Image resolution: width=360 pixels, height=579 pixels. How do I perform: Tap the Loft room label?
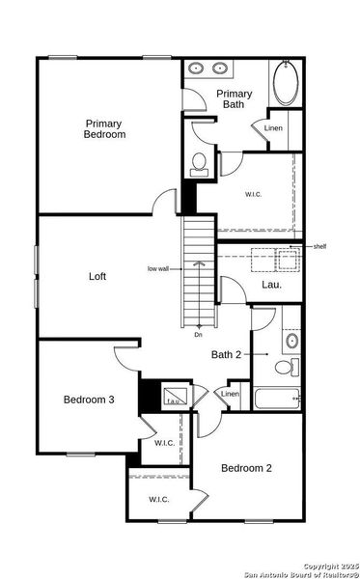(97, 277)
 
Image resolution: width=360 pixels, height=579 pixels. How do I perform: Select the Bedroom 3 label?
(89, 400)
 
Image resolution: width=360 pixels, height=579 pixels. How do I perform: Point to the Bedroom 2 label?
(246, 468)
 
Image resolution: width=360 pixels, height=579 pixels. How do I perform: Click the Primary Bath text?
(236, 98)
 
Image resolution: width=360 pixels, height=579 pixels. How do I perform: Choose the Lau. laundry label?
(271, 285)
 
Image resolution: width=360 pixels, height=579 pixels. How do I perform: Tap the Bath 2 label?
(228, 355)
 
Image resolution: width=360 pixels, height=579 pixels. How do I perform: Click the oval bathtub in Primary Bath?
(287, 85)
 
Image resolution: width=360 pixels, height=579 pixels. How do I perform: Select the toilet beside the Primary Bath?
(200, 163)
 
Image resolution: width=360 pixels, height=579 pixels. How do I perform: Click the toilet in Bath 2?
(287, 367)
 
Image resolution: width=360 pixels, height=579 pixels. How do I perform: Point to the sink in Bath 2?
(291, 341)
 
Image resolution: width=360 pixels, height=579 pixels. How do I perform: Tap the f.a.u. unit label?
(174, 400)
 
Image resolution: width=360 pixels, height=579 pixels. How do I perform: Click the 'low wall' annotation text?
(158, 268)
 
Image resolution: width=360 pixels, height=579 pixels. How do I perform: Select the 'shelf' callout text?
(319, 246)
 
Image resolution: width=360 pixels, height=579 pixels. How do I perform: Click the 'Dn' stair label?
(198, 334)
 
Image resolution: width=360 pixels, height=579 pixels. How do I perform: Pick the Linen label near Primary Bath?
(273, 128)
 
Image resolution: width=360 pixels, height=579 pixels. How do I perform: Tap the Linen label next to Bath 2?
(230, 394)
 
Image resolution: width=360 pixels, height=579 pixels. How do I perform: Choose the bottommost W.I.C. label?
(159, 499)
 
